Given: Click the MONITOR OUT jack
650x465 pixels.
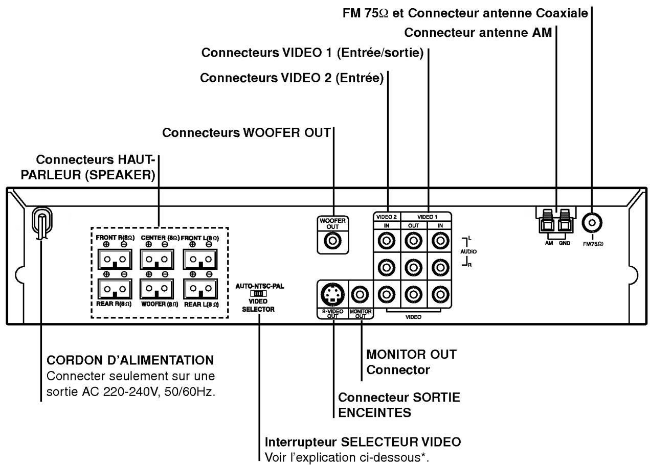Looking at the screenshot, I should coord(362,295).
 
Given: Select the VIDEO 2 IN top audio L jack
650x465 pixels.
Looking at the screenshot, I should coord(388,239).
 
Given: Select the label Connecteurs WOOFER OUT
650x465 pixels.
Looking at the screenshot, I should coord(246,132).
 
